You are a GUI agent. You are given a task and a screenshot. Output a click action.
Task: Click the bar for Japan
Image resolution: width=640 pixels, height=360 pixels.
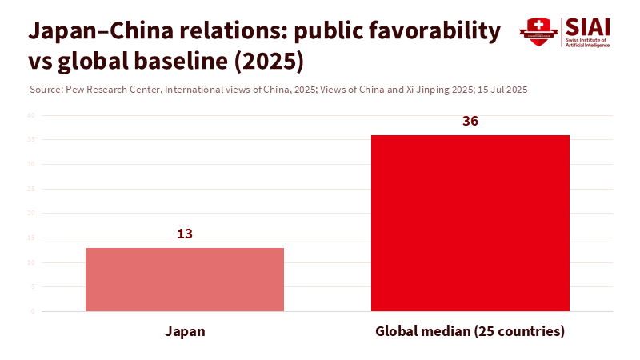(185, 279)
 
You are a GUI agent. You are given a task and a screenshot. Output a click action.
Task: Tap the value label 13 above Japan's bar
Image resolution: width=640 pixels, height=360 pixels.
(185, 234)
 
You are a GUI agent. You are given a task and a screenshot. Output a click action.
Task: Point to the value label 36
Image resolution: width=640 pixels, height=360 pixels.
(470, 122)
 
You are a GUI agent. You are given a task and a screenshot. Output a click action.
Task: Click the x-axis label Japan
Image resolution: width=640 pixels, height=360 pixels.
(185, 331)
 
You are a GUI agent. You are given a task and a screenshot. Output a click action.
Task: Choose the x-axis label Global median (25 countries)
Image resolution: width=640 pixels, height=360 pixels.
(470, 331)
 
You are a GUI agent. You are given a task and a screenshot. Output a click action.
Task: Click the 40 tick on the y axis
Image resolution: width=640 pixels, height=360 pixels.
(31, 115)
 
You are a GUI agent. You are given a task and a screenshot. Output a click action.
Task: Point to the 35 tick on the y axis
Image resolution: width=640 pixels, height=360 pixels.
(31, 140)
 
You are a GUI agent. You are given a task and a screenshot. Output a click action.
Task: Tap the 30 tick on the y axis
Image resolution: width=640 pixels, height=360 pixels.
(31, 164)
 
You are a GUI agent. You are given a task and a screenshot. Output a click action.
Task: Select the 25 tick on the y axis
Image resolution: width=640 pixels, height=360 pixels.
(31, 189)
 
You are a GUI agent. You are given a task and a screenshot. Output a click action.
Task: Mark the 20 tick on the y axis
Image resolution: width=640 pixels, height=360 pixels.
(31, 213)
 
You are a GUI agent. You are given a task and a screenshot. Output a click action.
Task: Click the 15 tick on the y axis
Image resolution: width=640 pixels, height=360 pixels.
(31, 238)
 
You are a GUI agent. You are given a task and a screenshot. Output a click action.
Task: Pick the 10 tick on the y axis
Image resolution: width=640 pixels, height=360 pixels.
(31, 262)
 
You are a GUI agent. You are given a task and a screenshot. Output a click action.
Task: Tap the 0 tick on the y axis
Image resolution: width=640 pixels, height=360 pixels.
(33, 311)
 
